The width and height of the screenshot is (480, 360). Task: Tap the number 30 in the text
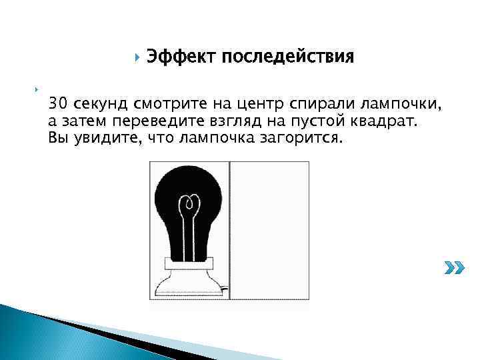(x=58, y=105)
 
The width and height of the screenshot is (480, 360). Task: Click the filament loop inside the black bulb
(x=190, y=203)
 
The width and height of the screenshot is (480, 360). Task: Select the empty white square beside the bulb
(x=269, y=229)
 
